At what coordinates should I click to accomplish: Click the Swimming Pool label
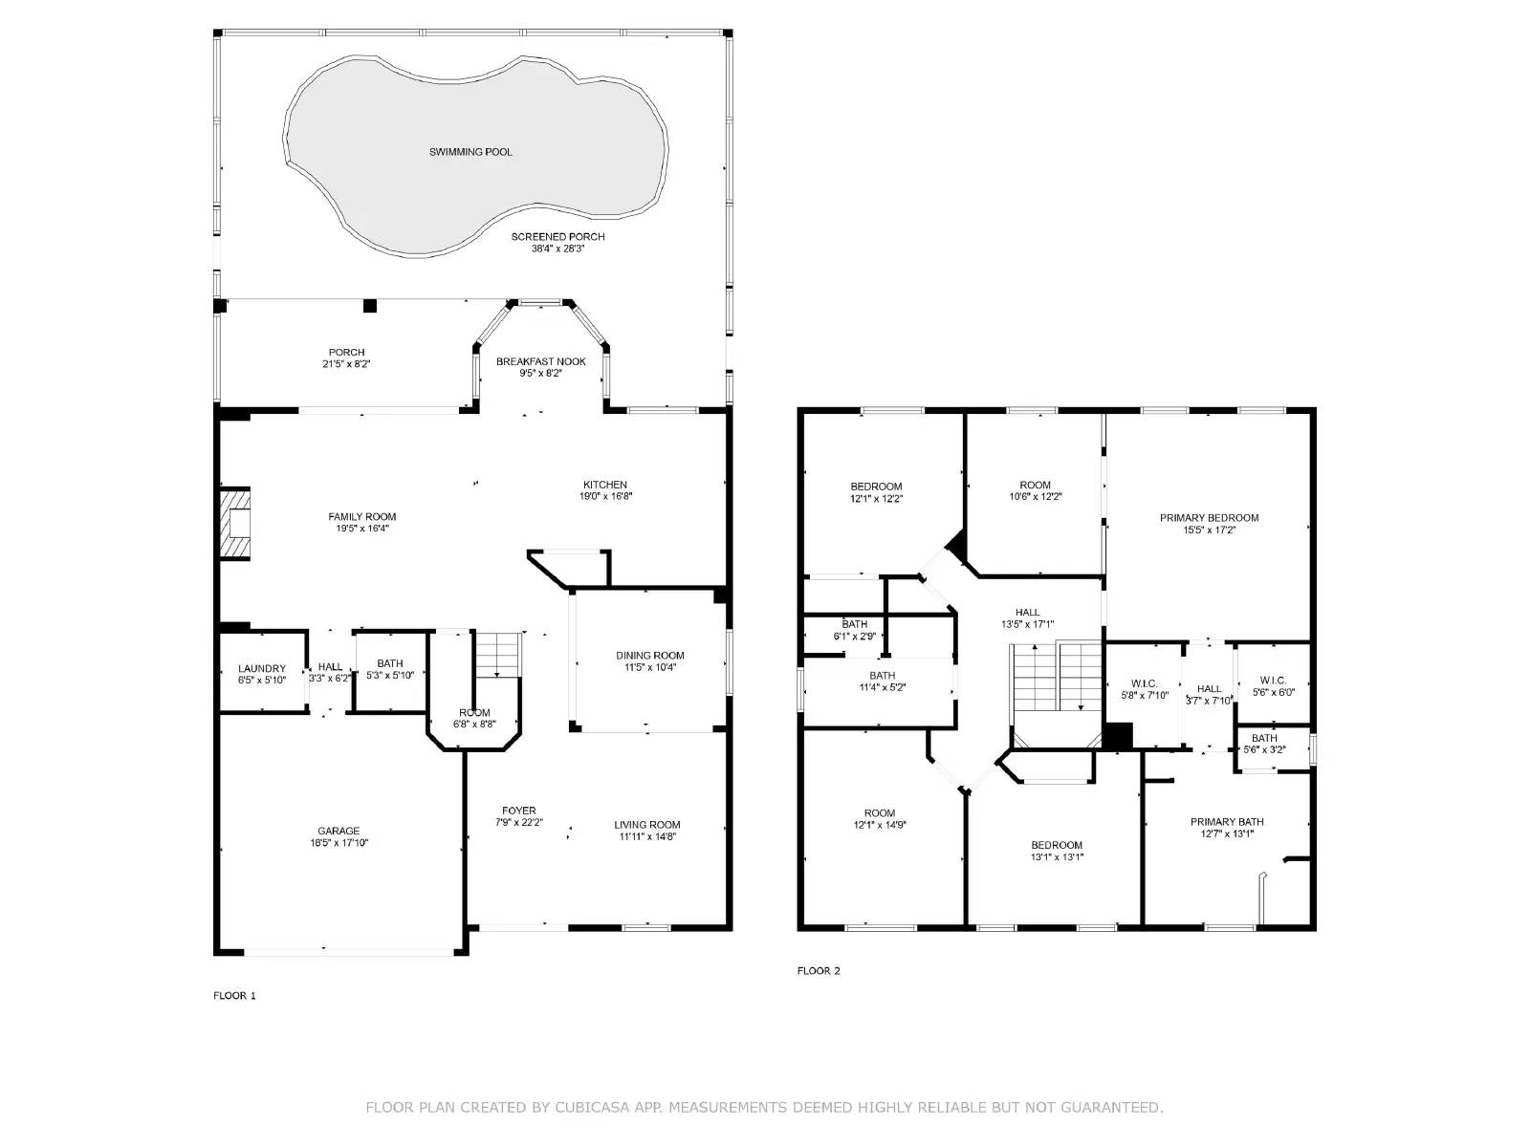tap(470, 152)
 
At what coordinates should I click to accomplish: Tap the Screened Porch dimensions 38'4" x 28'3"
tap(557, 249)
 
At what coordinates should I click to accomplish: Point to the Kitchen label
tap(605, 485)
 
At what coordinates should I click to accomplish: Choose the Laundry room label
tap(261, 669)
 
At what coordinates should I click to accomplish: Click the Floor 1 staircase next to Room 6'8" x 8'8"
tap(497, 655)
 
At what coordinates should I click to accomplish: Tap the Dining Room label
tap(649, 656)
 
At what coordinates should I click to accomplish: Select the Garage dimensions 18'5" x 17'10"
tap(339, 843)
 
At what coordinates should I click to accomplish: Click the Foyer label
tap(519, 811)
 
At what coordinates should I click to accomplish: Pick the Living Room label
tap(647, 825)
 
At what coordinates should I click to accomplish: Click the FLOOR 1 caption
tap(234, 995)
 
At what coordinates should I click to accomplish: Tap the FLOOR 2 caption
tap(819, 971)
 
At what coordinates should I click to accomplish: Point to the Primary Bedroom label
tap(1209, 518)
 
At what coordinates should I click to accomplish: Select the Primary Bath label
tap(1227, 822)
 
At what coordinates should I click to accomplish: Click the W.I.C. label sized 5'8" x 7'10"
tap(1145, 683)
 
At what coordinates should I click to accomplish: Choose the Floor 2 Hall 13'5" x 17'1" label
tap(1027, 613)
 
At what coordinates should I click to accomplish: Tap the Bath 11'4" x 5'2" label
tap(882, 676)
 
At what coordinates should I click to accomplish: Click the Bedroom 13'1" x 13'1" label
tap(1057, 845)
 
